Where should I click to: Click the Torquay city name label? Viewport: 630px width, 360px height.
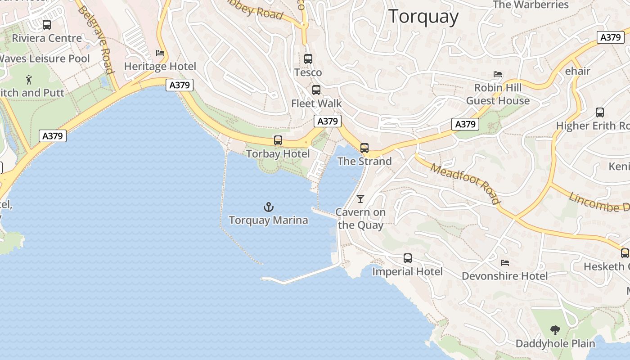[423, 17]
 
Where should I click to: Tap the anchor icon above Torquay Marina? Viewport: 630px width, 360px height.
[269, 207]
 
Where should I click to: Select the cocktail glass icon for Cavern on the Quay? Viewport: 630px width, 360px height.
[360, 198]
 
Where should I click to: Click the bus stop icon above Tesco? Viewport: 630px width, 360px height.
[308, 59]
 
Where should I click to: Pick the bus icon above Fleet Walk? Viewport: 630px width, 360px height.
[316, 90]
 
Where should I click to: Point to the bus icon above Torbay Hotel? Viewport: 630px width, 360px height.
[278, 140]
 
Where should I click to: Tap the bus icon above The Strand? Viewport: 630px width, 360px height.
[364, 148]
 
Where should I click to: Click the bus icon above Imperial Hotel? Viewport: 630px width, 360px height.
[408, 258]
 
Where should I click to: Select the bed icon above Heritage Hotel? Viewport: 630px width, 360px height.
[160, 53]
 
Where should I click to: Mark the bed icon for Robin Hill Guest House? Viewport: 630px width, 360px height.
[498, 74]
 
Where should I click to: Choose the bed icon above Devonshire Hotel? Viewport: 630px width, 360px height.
[505, 262]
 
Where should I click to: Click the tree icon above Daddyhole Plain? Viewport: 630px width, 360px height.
[555, 330]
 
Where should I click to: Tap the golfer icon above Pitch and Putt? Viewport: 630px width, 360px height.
[29, 80]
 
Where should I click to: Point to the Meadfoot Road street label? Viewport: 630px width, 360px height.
[465, 184]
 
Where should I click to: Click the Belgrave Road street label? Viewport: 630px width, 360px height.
[96, 40]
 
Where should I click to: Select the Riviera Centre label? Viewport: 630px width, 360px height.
[47, 38]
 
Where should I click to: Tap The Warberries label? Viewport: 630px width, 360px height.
[531, 5]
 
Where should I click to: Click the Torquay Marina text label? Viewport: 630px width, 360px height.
[269, 220]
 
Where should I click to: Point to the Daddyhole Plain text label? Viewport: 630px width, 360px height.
[555, 344]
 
